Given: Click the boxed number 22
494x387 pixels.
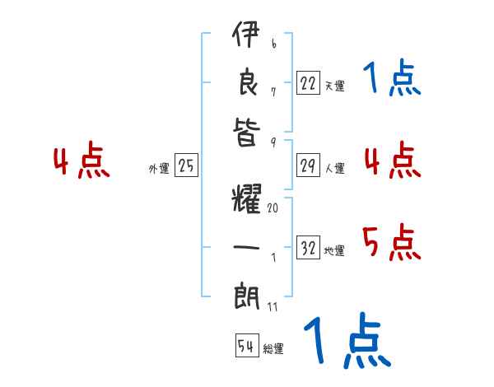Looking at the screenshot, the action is tap(308, 83).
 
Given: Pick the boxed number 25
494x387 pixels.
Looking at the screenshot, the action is tap(186, 166).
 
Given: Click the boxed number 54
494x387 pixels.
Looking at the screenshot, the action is tap(245, 346).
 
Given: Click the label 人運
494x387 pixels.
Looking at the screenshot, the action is tap(334, 169).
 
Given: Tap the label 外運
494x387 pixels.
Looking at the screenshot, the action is tap(159, 169).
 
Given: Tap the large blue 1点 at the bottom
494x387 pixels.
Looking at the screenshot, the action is tap(347, 342).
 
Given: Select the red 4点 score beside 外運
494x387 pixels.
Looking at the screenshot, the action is tap(82, 162).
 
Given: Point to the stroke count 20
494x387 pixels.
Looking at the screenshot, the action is tap(273, 208).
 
